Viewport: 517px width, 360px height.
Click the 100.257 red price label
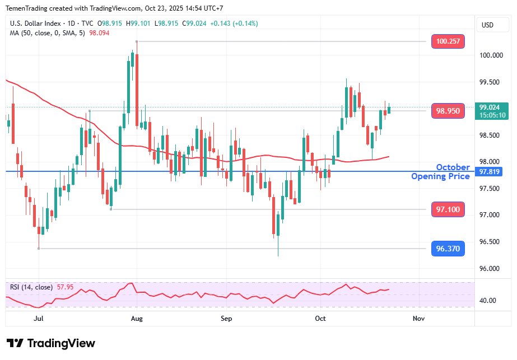click(x=448, y=41)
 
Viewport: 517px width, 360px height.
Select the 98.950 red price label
click(x=448, y=111)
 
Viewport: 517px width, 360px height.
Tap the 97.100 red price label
click(x=448, y=209)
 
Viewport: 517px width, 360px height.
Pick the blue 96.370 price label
click(x=448, y=249)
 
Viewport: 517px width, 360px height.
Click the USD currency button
click(x=487, y=25)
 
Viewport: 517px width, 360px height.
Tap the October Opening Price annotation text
click(x=441, y=172)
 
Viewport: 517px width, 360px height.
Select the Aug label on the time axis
click(x=137, y=318)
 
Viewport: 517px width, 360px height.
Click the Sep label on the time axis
click(x=226, y=318)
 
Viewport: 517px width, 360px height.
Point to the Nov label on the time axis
click(x=418, y=318)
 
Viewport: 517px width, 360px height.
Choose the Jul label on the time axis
click(x=39, y=318)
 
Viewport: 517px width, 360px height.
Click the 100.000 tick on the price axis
click(x=490, y=55)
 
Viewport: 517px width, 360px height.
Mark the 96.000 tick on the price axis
click(x=490, y=268)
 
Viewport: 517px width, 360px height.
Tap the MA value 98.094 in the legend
click(x=99, y=33)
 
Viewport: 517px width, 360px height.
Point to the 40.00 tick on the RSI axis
click(x=488, y=301)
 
